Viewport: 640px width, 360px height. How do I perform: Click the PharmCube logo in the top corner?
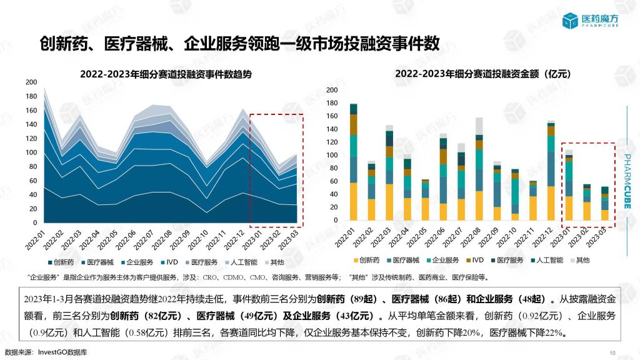[x=590, y=21]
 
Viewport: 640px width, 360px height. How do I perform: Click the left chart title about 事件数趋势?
[x=166, y=74]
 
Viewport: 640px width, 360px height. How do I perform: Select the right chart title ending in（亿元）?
[x=483, y=74]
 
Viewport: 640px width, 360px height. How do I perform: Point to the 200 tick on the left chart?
[x=31, y=82]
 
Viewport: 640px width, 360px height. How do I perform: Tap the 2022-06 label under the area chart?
[x=126, y=240]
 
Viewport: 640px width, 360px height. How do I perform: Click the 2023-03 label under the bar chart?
[x=596, y=237]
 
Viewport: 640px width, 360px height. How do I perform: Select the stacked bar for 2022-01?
[x=354, y=162]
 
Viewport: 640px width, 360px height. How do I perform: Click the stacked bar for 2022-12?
[x=551, y=171]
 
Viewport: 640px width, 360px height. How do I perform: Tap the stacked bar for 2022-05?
[x=425, y=199]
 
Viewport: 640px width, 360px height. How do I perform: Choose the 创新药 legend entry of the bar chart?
[x=366, y=260]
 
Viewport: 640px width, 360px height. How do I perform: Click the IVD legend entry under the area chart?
[x=169, y=262]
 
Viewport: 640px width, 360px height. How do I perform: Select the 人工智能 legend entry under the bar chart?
[x=547, y=260]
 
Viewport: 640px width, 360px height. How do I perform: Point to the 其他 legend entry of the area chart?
[x=274, y=262]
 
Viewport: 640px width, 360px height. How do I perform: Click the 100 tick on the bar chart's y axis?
[x=332, y=155]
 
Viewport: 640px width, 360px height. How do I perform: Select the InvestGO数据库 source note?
[x=62, y=352]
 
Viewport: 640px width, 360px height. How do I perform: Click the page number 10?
[x=612, y=353]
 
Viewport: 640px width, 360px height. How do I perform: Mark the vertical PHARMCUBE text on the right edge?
[x=627, y=181]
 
